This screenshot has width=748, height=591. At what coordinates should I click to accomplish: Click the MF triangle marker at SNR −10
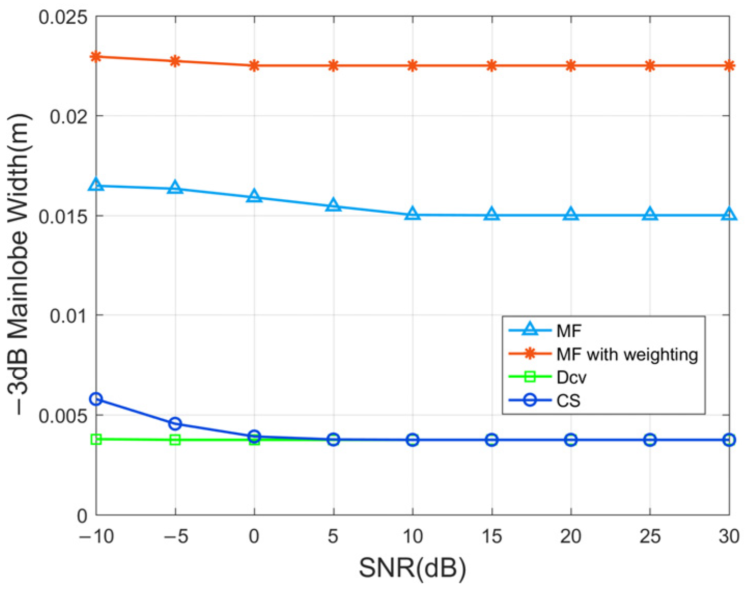point(96,185)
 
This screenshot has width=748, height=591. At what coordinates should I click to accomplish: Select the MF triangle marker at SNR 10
point(412,214)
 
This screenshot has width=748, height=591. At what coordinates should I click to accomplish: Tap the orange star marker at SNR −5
point(175,61)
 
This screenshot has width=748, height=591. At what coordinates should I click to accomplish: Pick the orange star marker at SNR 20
point(571,66)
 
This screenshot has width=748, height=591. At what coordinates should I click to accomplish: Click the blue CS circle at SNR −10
point(96,399)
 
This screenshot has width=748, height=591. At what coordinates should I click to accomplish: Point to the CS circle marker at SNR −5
point(175,424)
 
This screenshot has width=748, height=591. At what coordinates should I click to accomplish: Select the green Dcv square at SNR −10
point(96,439)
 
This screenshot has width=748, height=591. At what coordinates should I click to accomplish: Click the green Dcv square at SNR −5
point(175,440)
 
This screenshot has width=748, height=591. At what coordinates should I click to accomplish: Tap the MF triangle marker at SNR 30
point(729,214)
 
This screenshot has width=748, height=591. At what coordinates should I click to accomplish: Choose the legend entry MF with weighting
point(627,354)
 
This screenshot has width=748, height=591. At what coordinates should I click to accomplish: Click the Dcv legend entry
point(571,377)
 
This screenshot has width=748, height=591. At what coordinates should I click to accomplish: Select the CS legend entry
point(568,401)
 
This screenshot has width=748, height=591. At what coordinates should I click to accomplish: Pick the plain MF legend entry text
point(569,331)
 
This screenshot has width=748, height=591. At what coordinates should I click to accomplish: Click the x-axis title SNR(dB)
point(412,568)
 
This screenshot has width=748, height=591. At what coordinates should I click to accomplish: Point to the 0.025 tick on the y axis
point(63,17)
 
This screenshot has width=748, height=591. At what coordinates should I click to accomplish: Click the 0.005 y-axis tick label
point(63,416)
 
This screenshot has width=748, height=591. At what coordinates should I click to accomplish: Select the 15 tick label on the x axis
point(491,536)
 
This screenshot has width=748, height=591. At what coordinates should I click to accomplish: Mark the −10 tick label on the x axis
point(96,536)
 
